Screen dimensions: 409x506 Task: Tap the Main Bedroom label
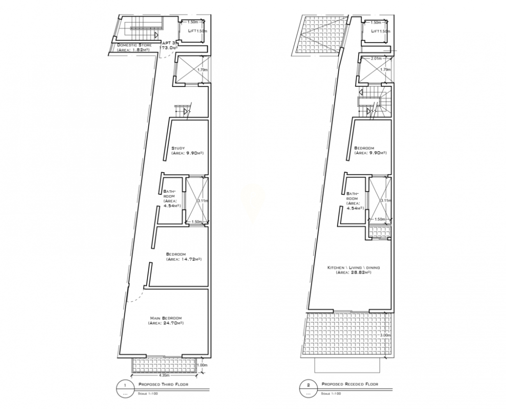coord(165,318)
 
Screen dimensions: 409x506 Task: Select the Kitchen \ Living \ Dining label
coord(353,267)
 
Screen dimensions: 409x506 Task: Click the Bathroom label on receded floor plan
coord(352,197)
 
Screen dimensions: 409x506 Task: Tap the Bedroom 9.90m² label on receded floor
coord(370,150)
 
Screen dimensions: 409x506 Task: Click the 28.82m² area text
coord(353,272)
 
